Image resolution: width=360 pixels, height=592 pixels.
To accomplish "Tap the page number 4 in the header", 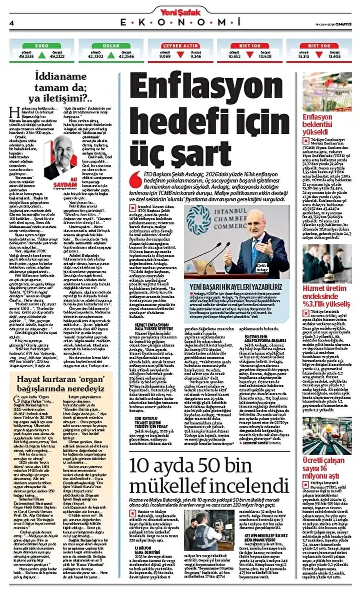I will pyautogui.click(x=11, y=23).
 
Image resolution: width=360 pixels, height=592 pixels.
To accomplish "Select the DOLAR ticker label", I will pyautogui.click(x=110, y=45).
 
